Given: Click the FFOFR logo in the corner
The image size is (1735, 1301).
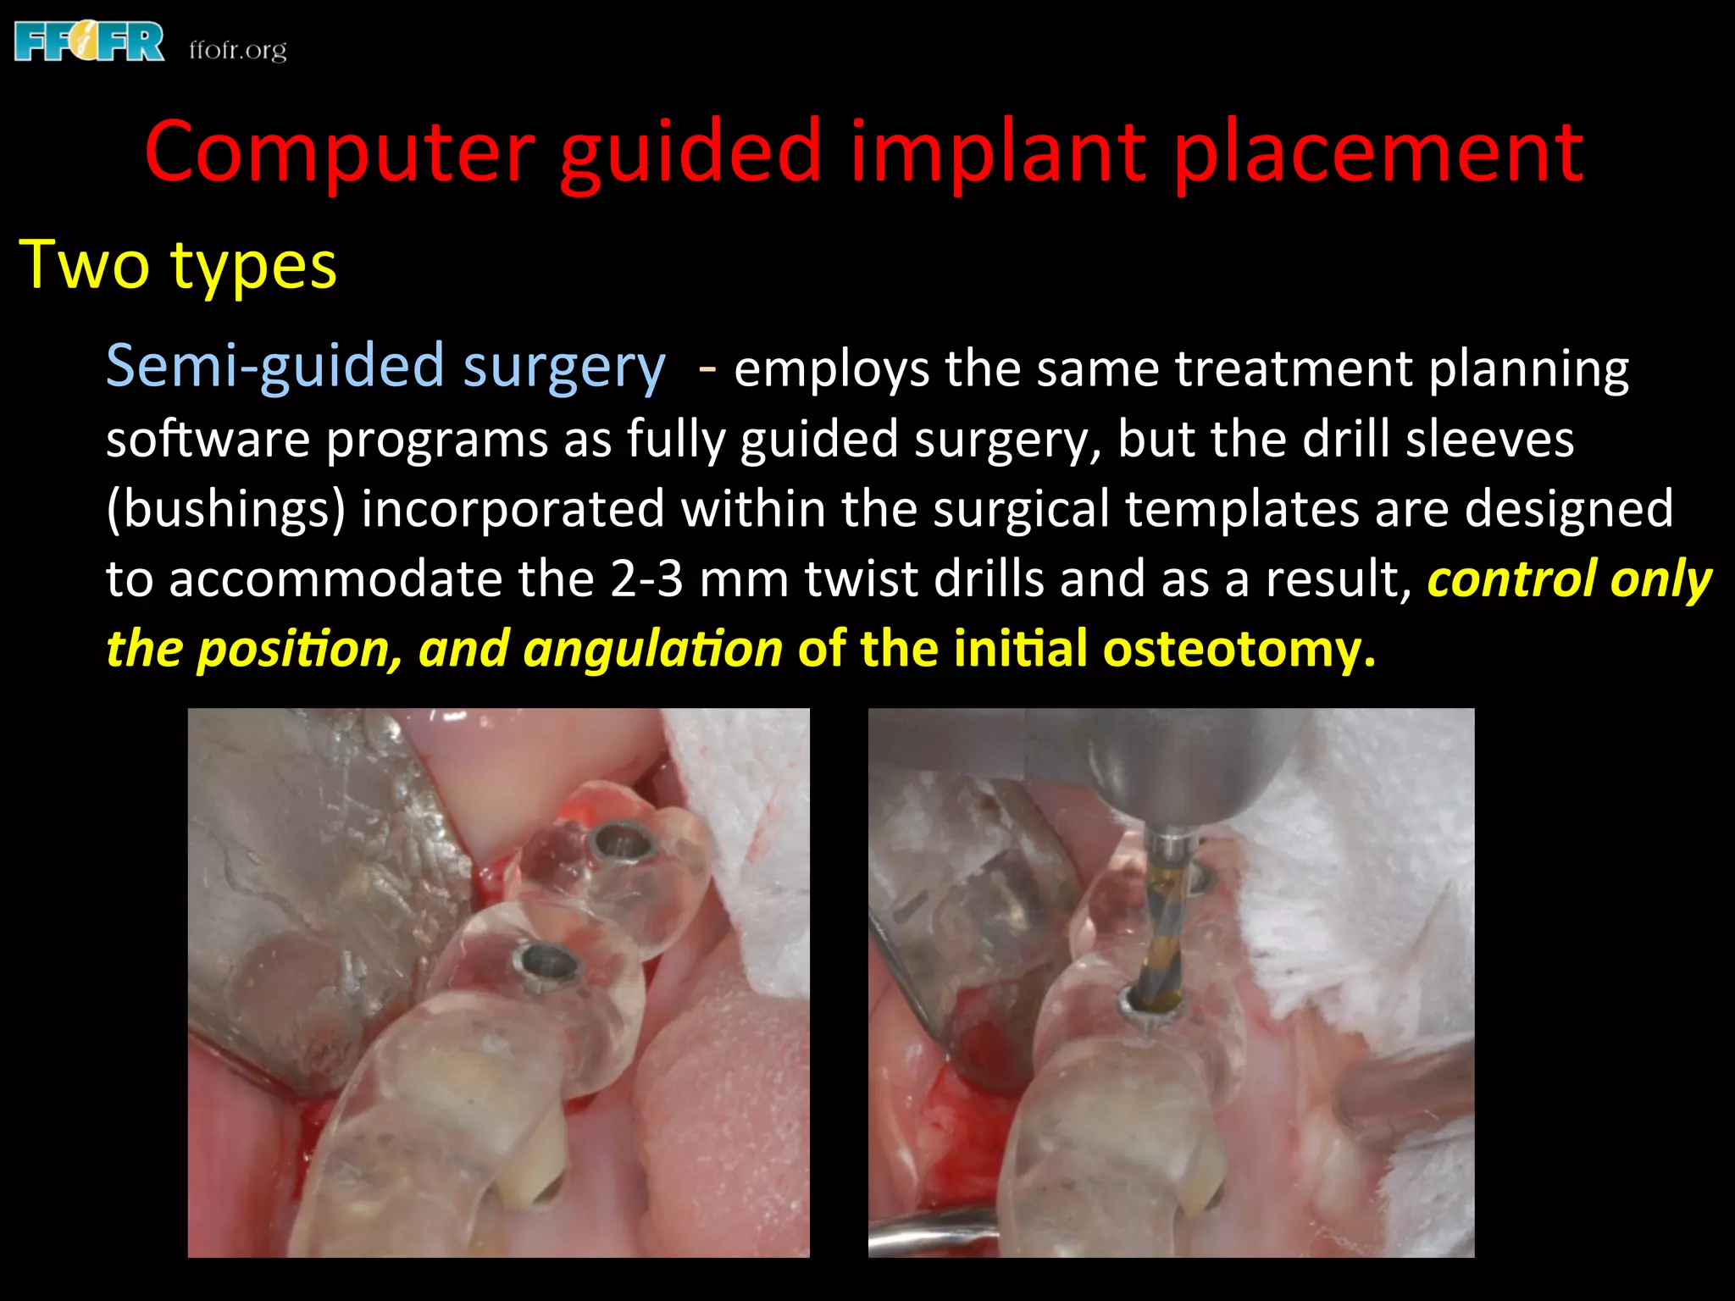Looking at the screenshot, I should (89, 42).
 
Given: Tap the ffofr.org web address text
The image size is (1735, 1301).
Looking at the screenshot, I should (238, 51).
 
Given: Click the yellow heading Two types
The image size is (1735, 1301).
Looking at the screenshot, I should (178, 265).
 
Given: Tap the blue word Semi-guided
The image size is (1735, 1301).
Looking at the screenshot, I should (275, 366).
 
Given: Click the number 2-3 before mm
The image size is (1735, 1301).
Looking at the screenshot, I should (646, 579).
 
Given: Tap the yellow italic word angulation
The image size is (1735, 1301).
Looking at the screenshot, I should (653, 649).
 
